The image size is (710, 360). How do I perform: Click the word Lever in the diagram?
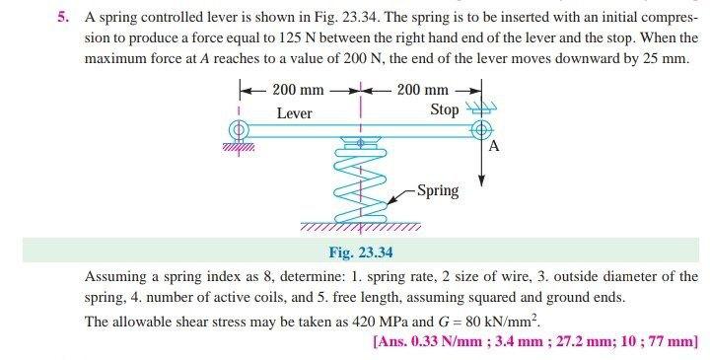pos(294,113)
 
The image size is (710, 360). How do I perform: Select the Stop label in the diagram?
pos(445,109)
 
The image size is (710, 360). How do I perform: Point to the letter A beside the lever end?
pos(495,147)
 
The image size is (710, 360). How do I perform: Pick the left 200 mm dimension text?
pos(298,91)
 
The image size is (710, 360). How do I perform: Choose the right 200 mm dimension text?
pos(423,91)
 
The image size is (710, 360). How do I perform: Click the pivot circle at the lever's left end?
pos(236,129)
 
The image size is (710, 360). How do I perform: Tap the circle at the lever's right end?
pos(481,129)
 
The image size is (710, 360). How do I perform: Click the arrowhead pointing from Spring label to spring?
pos(390,202)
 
